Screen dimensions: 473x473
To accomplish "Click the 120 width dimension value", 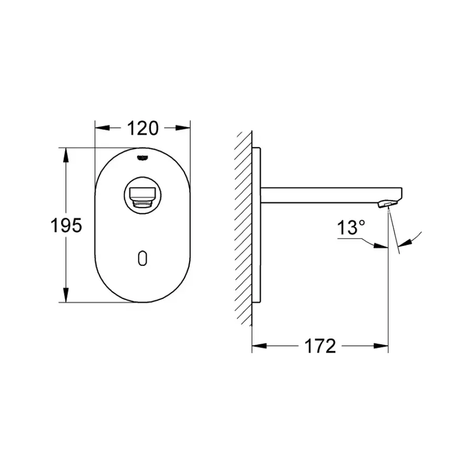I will (x=142, y=128).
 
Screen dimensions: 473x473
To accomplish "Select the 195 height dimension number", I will (x=66, y=225).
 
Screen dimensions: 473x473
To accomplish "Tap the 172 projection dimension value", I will (x=320, y=346).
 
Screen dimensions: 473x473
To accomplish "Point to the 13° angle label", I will (x=351, y=229).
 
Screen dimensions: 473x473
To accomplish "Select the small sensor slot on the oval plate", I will (x=142, y=258).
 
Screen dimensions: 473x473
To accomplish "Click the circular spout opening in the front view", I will (x=142, y=195).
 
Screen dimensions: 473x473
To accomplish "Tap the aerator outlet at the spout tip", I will (x=388, y=203).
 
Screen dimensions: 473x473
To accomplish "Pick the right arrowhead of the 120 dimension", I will (x=184, y=128).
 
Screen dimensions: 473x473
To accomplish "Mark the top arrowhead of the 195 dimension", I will (x=66, y=153).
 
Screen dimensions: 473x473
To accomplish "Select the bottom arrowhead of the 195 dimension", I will (x=66, y=297).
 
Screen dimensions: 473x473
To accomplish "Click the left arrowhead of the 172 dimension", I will (x=258, y=346).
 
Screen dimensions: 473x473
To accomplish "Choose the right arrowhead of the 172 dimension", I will (x=383, y=346).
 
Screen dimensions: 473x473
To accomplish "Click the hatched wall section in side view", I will (x=244, y=226).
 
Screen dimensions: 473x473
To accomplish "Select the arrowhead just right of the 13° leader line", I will (x=383, y=244).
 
